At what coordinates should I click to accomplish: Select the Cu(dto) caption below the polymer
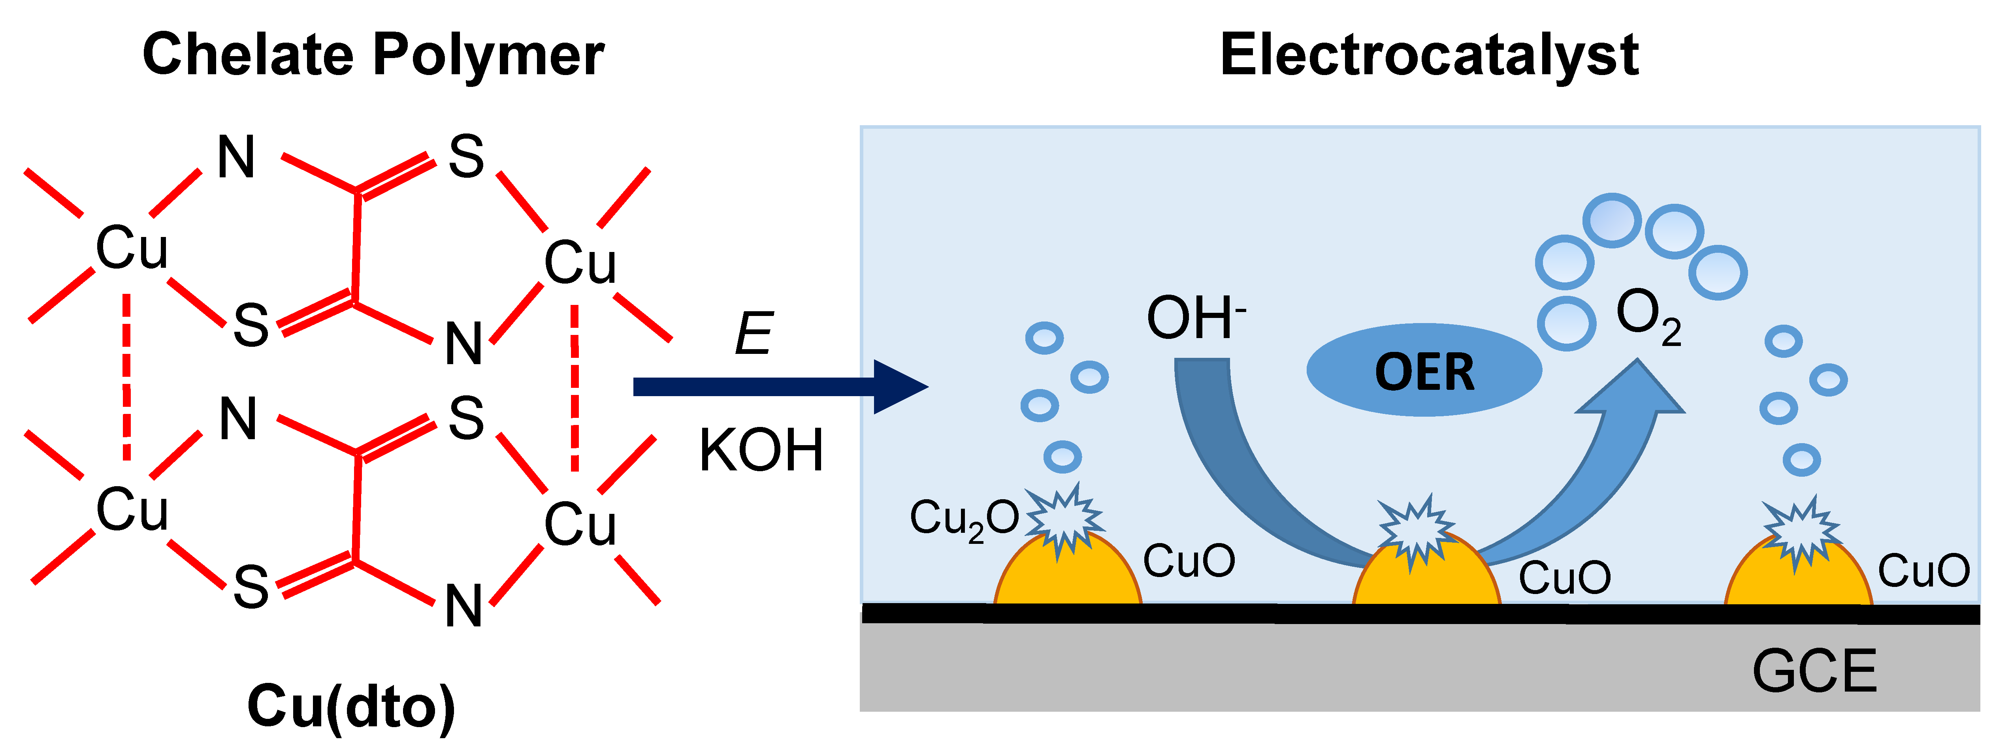pyautogui.click(x=351, y=706)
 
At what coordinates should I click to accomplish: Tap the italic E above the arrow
pyautogui.click(x=754, y=334)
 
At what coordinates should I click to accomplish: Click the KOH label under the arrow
pyautogui.click(x=761, y=451)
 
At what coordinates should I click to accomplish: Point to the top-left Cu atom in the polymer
pyautogui.click(x=131, y=248)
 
